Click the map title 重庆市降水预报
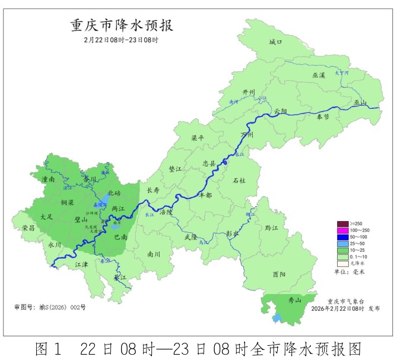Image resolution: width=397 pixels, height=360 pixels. click(122, 27)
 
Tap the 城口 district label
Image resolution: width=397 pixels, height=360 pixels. click(275, 42)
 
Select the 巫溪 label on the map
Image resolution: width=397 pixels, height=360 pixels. click(319, 75)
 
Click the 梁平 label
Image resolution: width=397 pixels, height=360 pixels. click(197, 138)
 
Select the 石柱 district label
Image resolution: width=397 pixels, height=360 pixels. click(240, 179)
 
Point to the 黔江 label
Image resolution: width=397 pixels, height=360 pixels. click(272, 228)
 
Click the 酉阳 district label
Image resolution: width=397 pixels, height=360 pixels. click(279, 274)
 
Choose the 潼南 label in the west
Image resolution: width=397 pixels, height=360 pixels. click(48, 178)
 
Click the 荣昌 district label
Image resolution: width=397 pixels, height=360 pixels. click(28, 228)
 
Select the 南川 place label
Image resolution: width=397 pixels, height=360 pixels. click(154, 254)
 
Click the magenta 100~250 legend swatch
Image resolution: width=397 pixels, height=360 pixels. click(343, 230)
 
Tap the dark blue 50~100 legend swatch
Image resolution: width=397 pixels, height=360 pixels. click(343, 237)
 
